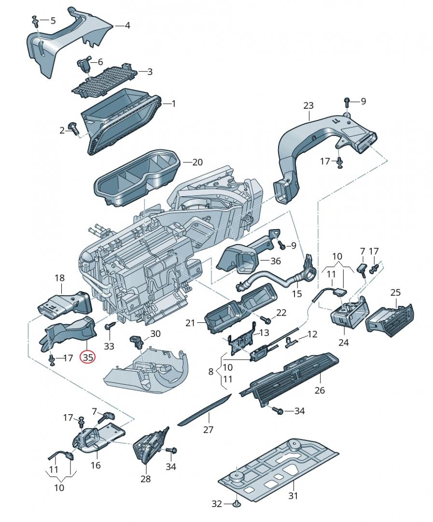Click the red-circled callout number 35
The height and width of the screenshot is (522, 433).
coord(88,358)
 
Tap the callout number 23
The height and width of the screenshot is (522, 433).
coord(308,105)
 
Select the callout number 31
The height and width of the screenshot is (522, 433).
coord(293,495)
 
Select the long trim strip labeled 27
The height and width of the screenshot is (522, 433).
coord(205,409)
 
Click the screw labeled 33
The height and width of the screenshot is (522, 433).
coord(110,327)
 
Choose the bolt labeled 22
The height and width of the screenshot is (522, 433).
coord(264,319)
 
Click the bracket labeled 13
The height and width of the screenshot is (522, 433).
coord(241,339)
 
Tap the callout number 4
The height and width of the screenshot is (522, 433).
coord(127,25)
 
